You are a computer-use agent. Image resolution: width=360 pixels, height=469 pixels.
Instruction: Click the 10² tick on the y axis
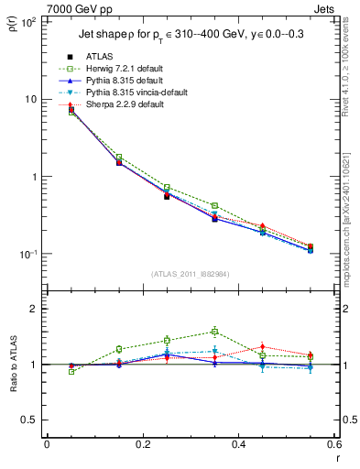click(27, 21)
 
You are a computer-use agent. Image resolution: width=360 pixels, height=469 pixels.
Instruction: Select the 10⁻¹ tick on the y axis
click(27, 254)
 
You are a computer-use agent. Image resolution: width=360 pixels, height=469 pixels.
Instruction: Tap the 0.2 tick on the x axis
click(142, 444)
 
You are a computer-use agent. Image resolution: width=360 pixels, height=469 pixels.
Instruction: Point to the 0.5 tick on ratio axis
click(29, 420)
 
